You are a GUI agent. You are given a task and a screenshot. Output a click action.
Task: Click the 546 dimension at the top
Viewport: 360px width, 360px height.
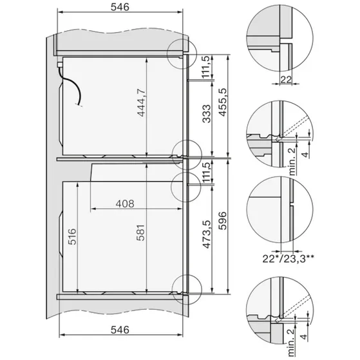pos(120,8)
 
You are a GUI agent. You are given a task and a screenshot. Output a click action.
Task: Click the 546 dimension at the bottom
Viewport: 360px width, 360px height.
pos(120,330)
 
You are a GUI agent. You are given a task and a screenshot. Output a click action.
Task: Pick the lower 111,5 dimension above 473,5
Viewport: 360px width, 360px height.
pos(206,176)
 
